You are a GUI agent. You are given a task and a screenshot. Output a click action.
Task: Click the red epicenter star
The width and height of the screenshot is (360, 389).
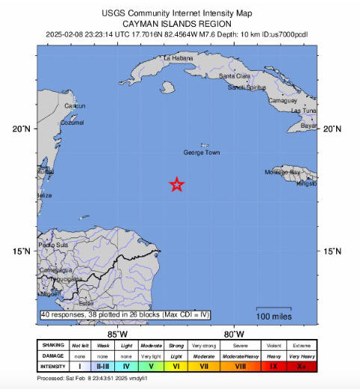[x=176, y=184]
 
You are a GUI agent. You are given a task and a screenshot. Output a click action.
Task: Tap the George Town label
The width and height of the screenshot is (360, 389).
[x=202, y=152]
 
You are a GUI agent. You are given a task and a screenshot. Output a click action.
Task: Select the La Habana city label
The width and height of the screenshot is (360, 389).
[x=179, y=57]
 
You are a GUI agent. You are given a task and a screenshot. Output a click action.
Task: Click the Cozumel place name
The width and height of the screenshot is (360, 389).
[x=72, y=122]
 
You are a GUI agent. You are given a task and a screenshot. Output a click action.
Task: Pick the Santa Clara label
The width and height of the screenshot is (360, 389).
[x=234, y=76]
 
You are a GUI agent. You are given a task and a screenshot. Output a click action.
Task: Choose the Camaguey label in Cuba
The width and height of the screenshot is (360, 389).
[x=283, y=99]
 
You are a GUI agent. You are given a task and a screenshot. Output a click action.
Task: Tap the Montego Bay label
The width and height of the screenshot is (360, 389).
[x=282, y=172]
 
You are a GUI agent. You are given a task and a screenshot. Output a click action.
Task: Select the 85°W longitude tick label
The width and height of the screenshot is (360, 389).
[x=117, y=334]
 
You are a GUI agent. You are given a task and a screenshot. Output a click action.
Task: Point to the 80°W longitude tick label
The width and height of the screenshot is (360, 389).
[x=235, y=334]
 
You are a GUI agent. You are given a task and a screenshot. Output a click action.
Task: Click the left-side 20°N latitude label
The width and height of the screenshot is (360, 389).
[x=21, y=129]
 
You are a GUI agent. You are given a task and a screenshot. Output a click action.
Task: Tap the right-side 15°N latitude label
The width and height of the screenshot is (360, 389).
[x=332, y=251]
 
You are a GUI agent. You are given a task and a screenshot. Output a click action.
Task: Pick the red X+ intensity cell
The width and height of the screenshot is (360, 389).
[x=301, y=367]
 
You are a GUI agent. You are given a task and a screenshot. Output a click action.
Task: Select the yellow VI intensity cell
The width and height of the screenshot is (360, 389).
[x=176, y=367]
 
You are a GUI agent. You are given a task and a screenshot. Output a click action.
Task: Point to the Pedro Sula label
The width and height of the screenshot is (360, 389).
[x=53, y=245]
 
